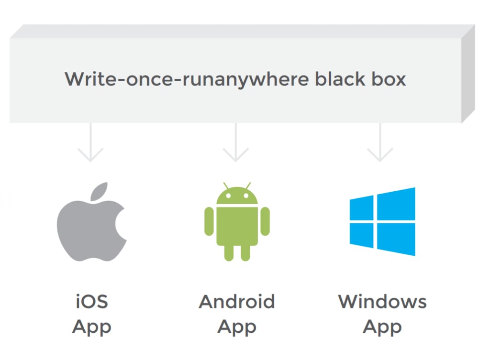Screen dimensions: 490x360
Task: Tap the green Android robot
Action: [x=237, y=222]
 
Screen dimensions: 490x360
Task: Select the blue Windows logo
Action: [x=382, y=221]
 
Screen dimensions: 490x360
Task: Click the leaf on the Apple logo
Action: [x=99, y=191]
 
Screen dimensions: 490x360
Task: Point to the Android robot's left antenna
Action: [x=226, y=186]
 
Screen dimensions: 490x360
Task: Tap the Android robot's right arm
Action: [x=265, y=221]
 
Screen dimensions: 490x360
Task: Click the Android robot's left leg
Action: [x=229, y=253]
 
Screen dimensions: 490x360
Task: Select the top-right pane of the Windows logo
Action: [x=396, y=204]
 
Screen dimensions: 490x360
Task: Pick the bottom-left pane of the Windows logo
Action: [x=361, y=235]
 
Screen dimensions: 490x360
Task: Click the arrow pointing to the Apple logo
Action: [x=90, y=142]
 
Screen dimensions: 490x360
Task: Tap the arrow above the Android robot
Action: [x=235, y=142]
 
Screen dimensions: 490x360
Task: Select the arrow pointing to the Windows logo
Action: [x=380, y=142]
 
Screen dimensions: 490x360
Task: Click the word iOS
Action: [x=92, y=302]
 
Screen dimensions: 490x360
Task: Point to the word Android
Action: [x=237, y=302]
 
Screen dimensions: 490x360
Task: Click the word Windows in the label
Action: [x=382, y=302]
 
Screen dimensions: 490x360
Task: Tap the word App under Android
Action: [x=237, y=327]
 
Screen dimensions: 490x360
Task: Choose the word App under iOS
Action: [x=92, y=327]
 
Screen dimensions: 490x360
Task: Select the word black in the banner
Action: [x=340, y=79]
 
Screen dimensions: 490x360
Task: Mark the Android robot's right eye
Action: [x=246, y=196]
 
